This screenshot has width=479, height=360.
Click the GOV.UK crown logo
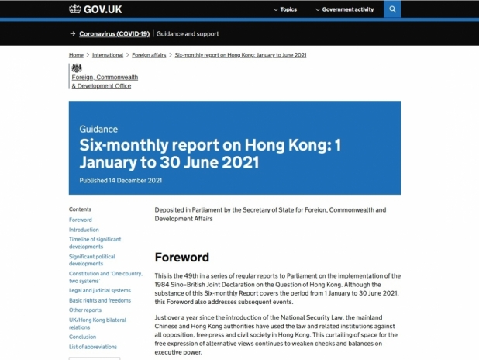[74, 9]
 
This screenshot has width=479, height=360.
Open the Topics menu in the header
[285, 9]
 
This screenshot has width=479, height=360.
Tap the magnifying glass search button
[392, 9]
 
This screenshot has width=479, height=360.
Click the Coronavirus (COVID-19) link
[114, 34]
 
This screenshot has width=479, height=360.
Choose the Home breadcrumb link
[76, 55]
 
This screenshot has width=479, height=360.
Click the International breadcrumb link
[108, 55]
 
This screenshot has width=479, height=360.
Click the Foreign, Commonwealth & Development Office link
[105, 81]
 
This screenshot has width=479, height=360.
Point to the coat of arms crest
[76, 68]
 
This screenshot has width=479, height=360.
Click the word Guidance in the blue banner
[98, 130]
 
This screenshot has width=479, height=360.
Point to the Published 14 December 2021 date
[120, 180]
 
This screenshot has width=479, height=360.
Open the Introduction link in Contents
[84, 230]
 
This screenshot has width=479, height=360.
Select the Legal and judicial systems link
[100, 290]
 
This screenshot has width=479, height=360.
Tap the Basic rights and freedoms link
[100, 300]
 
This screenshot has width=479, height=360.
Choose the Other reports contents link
[85, 310]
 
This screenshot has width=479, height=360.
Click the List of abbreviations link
[93, 347]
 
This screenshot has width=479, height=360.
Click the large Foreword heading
[181, 258]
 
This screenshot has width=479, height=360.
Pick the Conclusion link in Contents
[83, 337]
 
